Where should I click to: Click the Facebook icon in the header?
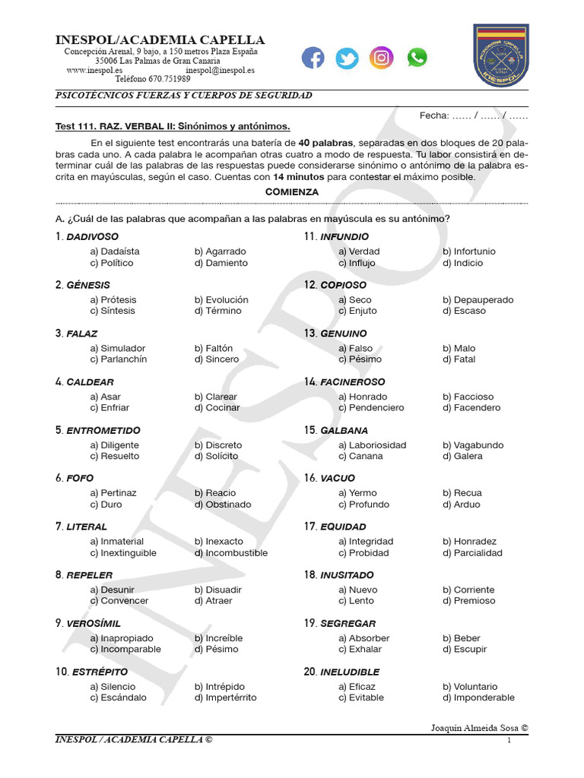coord(313,58)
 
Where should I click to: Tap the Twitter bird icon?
coord(347,58)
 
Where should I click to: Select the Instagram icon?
coord(381,58)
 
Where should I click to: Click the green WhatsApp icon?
coord(417,58)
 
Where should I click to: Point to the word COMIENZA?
coord(292,192)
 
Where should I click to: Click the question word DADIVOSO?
coord(92,237)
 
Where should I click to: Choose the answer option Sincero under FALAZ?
coord(221,359)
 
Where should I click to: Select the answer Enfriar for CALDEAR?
coord(115,408)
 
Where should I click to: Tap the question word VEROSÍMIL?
coord(94,624)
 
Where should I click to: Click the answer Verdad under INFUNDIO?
coord(364,251)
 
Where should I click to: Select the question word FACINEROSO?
coord(353,382)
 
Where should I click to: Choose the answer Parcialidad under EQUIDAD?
coord(478,553)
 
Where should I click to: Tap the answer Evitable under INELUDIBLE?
coord(367,697)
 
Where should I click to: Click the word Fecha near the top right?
coord(434,115)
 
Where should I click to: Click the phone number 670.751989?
coord(169,79)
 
